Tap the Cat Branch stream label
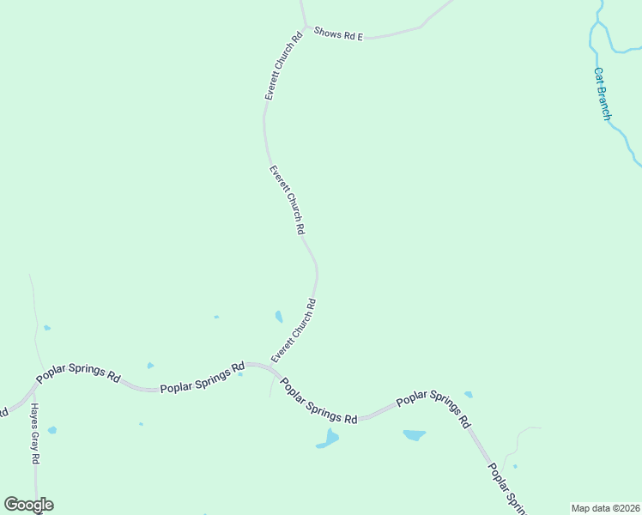click(x=604, y=94)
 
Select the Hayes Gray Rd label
click(x=35, y=434)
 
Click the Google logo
click(x=28, y=505)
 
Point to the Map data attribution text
click(x=605, y=508)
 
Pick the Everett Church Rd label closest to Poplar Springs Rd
click(x=294, y=330)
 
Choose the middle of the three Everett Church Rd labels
click(x=288, y=200)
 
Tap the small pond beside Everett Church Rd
click(x=278, y=317)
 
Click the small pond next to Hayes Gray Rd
click(x=52, y=430)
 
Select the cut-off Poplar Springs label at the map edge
click(x=506, y=489)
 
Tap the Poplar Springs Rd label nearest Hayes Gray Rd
click(x=77, y=374)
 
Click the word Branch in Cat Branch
click(x=606, y=103)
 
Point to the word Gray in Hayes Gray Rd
click(x=35, y=435)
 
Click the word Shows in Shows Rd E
click(x=328, y=33)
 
